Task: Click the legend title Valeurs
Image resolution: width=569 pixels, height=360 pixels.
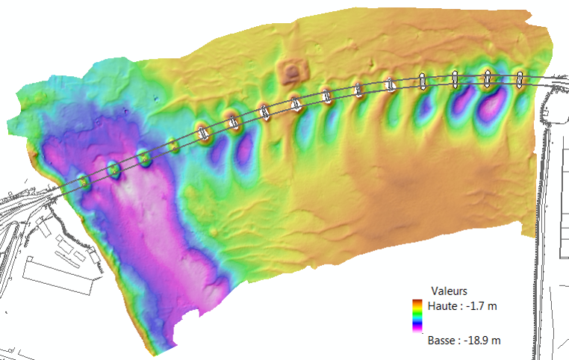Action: (450, 291)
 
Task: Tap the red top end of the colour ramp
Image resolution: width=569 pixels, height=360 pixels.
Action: (417, 301)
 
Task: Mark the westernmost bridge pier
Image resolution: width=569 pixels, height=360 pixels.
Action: (84, 181)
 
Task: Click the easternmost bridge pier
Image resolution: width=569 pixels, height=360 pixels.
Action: (520, 78)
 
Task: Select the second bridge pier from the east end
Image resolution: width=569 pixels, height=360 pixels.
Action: (488, 77)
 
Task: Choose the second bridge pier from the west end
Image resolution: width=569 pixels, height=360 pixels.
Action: (114, 170)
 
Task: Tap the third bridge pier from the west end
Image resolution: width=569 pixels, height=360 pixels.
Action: (143, 158)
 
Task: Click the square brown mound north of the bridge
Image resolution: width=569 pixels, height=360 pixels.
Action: (293, 72)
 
